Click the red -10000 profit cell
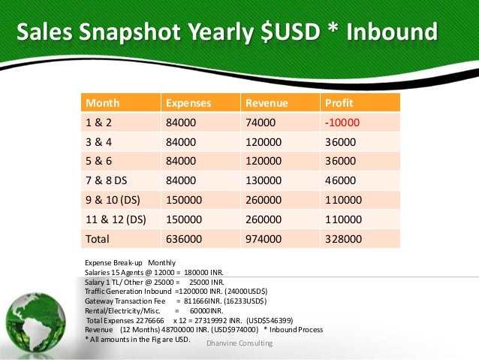point(342,123)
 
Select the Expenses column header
point(188,103)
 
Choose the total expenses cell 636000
point(184,240)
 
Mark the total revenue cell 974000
point(264,240)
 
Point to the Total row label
point(98,240)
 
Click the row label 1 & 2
point(99,123)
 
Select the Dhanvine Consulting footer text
point(239,343)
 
